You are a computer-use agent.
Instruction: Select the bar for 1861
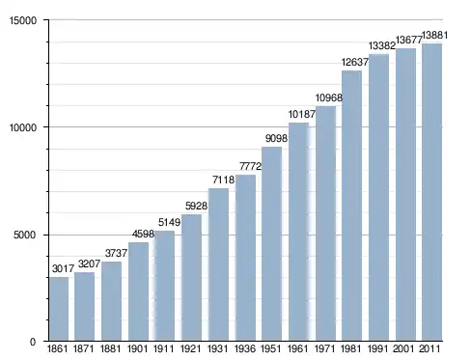[59, 309]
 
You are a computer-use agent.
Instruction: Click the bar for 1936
[245, 258]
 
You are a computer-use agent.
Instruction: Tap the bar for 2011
[431, 192]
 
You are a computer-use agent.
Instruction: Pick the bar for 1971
[325, 223]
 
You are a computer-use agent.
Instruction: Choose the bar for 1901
[138, 291]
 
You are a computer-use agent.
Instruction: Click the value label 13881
[434, 35]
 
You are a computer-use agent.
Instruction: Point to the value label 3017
[63, 268]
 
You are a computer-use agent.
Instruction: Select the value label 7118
[224, 180]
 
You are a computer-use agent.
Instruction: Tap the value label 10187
[302, 114]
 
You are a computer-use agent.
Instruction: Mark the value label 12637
[355, 62]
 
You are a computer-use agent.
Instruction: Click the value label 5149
[169, 222]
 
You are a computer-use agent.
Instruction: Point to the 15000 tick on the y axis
[23, 21]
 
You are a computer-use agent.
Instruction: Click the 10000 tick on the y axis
[23, 127]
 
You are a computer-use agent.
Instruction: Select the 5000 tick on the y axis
[25, 235]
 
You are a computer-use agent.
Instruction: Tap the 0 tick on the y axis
[33, 342]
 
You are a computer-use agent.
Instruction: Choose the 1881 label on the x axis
[110, 348]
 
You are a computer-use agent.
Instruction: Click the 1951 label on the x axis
[271, 348]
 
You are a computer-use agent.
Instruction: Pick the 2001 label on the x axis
[403, 348]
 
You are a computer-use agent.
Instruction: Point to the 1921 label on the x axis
[191, 348]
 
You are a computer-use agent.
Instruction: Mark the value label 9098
[276, 138]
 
